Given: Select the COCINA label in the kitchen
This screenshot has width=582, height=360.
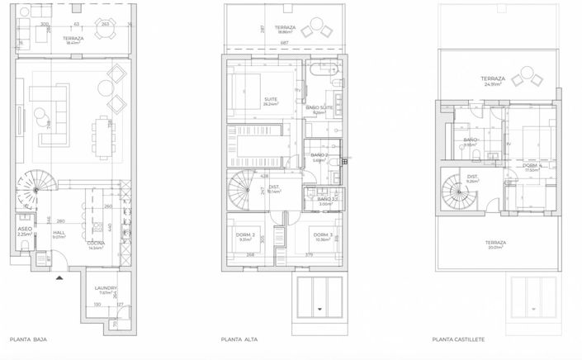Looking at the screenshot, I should pyautogui.click(x=95, y=244).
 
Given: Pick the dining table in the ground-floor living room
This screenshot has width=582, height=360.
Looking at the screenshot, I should pyautogui.click(x=102, y=132).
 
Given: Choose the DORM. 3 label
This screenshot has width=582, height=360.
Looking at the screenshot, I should pyautogui.click(x=322, y=236).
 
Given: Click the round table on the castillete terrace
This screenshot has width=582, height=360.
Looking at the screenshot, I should pyautogui.click(x=523, y=79).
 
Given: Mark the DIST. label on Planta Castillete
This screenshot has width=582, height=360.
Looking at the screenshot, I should pyautogui.click(x=473, y=178).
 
